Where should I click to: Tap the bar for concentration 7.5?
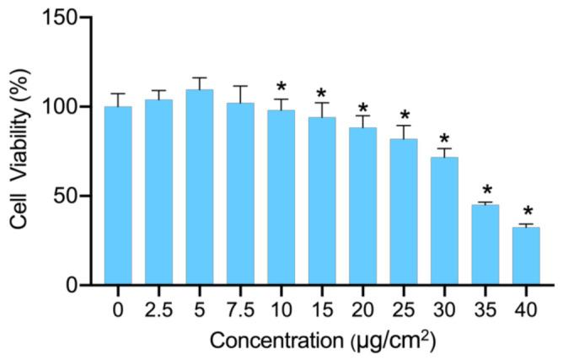click(x=240, y=194)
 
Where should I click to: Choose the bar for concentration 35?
click(x=485, y=244)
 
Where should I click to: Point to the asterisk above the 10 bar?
click(x=281, y=87)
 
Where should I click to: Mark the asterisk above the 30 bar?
click(x=445, y=139)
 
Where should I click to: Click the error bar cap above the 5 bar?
click(x=200, y=78)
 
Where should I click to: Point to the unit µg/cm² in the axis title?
click(x=394, y=341)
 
